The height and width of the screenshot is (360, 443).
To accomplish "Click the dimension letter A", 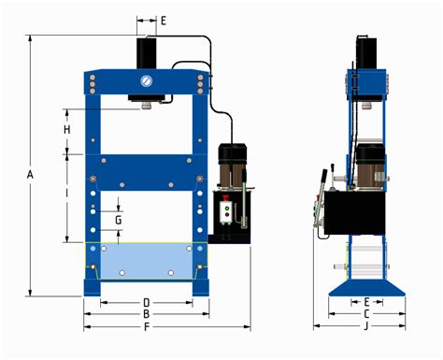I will (30, 175).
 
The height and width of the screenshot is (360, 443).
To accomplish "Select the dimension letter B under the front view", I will (147, 315).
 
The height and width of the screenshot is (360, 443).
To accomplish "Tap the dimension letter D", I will (147, 302).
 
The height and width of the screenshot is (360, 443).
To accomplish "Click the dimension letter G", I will (118, 220).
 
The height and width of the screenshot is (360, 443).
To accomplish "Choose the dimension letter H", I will (67, 128).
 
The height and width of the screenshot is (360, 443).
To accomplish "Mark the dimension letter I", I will (67, 194).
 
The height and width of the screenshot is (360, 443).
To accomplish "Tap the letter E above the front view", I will (163, 20).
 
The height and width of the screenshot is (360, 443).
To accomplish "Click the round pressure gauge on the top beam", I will (147, 80).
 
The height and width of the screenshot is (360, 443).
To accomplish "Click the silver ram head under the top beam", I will (147, 105).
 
